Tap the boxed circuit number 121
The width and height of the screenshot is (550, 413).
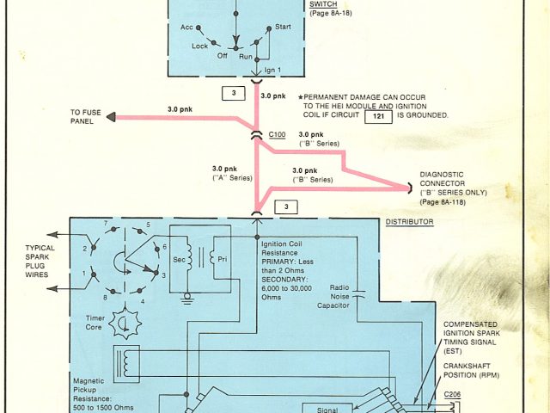coord(378,114)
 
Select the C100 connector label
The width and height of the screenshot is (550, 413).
coord(277,135)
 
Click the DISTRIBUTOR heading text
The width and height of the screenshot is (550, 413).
coord(409,222)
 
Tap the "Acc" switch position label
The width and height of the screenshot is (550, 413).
coord(186,28)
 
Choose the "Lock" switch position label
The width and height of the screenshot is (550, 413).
coord(199,46)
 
